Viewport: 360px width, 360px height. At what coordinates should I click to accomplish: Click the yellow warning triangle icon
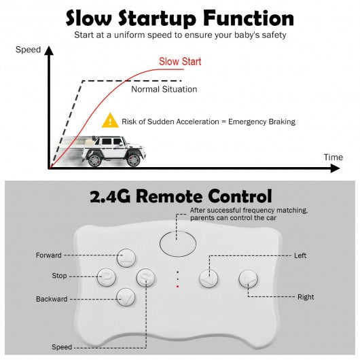110,120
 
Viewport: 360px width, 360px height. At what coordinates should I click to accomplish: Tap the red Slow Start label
180,62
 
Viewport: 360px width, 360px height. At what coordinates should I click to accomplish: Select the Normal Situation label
164,89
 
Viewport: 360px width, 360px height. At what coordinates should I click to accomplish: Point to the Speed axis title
29,50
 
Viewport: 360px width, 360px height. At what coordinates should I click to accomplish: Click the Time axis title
334,158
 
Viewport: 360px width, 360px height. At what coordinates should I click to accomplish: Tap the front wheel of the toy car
134,160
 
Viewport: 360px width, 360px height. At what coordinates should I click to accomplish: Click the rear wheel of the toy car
95,160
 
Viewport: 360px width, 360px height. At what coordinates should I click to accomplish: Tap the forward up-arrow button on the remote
126,258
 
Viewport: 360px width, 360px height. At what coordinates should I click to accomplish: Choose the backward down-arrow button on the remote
126,298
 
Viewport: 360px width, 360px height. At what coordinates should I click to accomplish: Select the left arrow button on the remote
209,278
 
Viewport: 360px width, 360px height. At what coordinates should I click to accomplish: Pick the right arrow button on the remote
248,278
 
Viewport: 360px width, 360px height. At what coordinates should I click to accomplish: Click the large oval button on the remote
178,244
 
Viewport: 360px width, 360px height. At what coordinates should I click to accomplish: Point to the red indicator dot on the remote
177,287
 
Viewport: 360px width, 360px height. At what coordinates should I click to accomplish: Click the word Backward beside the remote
52,299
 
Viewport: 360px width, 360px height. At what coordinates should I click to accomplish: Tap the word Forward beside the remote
49,255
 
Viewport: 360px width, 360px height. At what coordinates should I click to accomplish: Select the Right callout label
306,297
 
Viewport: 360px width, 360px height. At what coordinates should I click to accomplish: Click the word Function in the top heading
249,18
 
